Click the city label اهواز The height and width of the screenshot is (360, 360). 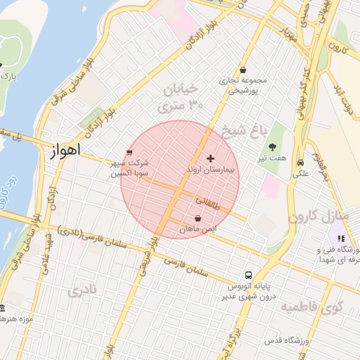tap(67, 150)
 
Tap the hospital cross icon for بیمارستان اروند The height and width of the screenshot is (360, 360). tap(210, 159)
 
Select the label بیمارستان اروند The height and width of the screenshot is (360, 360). tap(212, 171)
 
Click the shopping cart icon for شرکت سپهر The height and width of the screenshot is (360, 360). tap(129, 151)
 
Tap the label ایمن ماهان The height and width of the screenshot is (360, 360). tap(198, 229)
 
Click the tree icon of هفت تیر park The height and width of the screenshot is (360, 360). tap(272, 147)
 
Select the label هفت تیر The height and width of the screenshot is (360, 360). tap(272, 159)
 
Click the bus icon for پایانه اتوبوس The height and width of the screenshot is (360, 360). tap(247, 275)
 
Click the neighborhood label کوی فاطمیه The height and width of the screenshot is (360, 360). tap(311, 307)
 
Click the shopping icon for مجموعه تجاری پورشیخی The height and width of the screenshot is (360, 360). tap(243, 70)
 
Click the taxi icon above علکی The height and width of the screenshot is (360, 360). tap(300, 160)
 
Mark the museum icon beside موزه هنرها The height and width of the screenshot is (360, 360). tap(1, 308)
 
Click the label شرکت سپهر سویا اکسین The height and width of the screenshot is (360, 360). tap(129, 167)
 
